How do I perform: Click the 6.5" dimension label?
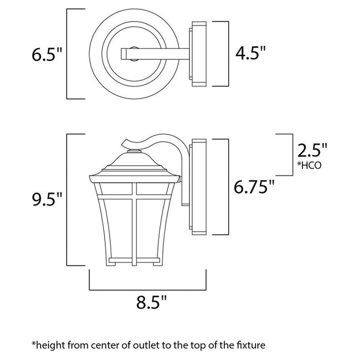point(47,54)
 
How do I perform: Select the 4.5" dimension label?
point(250,53)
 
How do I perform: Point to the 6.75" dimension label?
point(254,186)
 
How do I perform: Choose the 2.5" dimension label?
point(312,150)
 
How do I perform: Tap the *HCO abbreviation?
point(309,165)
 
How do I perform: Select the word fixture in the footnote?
point(250,345)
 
